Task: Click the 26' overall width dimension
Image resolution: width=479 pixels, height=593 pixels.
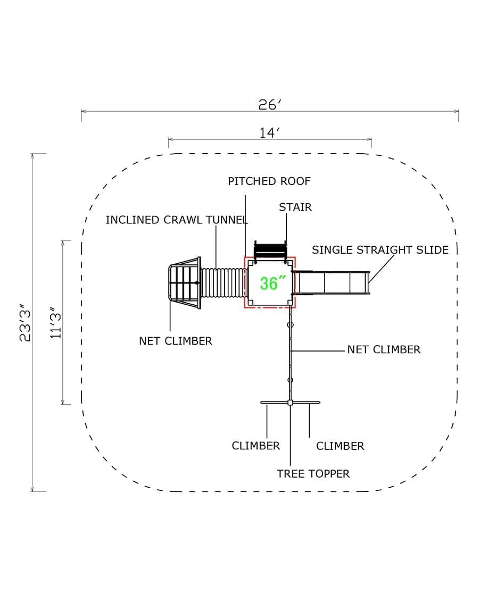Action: (x=269, y=105)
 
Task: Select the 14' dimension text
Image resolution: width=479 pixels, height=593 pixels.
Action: (x=270, y=133)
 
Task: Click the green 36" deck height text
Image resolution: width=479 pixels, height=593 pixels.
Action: (x=269, y=283)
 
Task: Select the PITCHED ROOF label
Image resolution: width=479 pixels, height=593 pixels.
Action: (x=269, y=181)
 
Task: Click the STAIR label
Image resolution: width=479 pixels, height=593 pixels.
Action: (x=295, y=207)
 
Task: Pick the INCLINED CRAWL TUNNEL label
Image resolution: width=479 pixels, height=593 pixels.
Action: (x=177, y=220)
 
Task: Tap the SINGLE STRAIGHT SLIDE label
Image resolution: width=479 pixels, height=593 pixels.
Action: (x=380, y=250)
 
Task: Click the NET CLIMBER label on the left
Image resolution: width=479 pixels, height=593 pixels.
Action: (x=175, y=341)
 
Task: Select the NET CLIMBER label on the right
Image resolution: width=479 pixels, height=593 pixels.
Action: (x=384, y=350)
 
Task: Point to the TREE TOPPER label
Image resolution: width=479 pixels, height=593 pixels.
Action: (x=313, y=474)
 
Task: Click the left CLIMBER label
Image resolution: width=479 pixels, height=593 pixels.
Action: (x=255, y=446)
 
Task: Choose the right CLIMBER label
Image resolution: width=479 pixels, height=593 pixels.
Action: (x=340, y=446)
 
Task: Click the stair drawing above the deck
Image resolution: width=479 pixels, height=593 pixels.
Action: (x=270, y=249)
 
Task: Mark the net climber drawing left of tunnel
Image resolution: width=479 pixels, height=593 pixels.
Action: (x=184, y=283)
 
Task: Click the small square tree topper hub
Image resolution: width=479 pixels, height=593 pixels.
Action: (x=290, y=403)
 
